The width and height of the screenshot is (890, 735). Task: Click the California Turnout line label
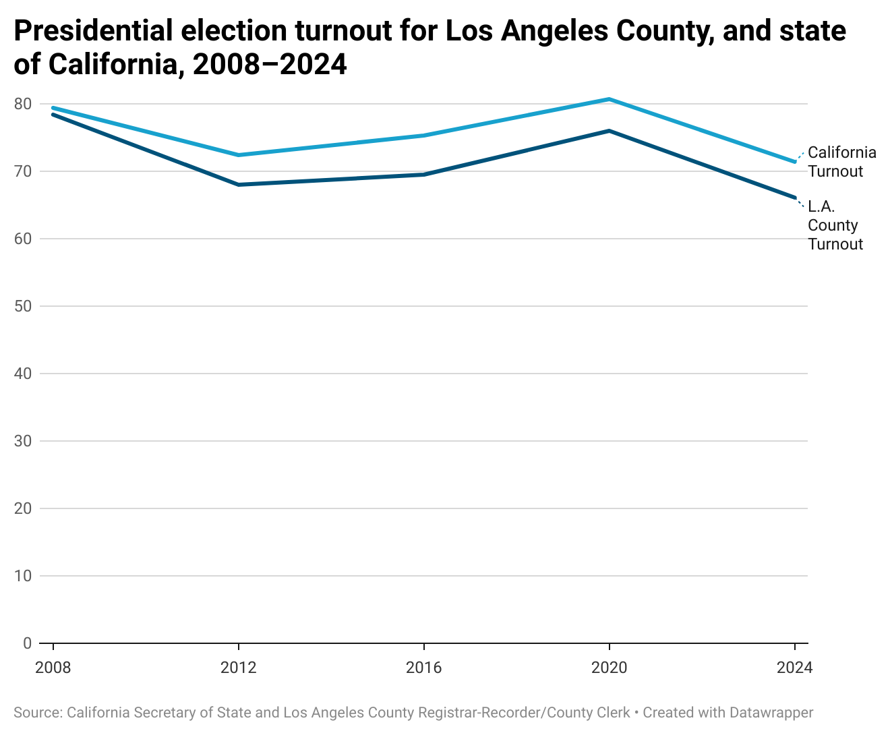point(841,162)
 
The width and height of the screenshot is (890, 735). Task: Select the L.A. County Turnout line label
point(835,225)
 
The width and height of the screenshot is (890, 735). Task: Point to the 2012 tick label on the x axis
point(239,668)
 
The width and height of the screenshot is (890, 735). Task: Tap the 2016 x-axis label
point(423,668)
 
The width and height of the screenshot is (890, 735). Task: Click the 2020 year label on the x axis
point(609,668)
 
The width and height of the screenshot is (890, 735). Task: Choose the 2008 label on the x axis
point(53,668)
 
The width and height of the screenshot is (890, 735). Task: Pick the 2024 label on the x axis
point(794,668)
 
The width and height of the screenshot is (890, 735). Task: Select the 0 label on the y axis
point(27,643)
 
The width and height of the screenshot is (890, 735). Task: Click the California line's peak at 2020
point(610,99)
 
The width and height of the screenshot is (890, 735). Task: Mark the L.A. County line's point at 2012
point(239,185)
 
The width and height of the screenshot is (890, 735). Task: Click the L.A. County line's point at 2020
point(610,131)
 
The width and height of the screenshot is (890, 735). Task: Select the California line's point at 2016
point(424,135)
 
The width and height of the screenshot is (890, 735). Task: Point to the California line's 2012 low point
point(239,155)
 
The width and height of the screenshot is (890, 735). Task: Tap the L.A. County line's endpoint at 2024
point(795,198)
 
